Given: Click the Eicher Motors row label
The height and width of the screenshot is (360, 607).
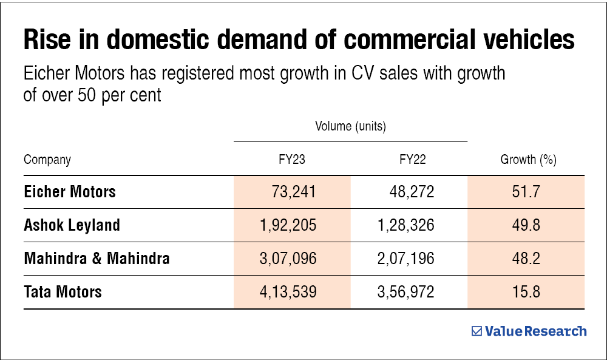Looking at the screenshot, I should click(x=70, y=192).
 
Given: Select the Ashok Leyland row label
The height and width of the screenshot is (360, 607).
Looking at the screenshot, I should click(x=72, y=225).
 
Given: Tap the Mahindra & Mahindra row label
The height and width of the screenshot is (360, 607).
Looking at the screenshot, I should click(x=97, y=259).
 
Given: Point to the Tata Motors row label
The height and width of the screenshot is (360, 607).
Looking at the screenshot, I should click(x=63, y=292).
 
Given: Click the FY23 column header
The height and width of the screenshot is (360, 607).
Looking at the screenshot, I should click(x=292, y=160).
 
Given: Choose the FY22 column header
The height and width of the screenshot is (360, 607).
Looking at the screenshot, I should click(x=412, y=160).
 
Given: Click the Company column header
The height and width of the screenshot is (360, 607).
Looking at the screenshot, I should click(x=47, y=160).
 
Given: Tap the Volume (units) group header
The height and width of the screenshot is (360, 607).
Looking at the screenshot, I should click(x=350, y=127).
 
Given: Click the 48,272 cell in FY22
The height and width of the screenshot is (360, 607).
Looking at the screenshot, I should click(x=412, y=192).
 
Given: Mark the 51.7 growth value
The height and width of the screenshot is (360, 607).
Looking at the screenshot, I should click(x=526, y=192).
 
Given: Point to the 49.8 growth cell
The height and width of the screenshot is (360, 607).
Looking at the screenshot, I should click(x=526, y=225).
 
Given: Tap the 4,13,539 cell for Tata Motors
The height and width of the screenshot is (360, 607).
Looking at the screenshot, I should click(x=288, y=292).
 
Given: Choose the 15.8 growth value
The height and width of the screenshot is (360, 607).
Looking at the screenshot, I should click(x=526, y=292).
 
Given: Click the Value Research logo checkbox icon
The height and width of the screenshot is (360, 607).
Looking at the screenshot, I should click(x=476, y=331).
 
